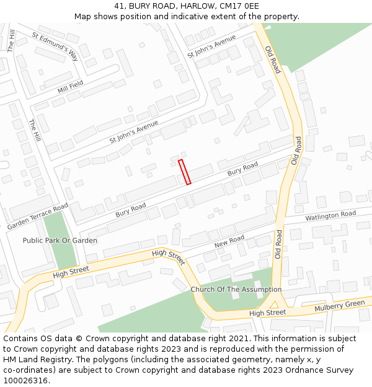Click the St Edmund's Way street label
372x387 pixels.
55,46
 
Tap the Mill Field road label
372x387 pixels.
70,87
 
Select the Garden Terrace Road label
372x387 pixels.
37,217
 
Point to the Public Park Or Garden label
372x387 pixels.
60,240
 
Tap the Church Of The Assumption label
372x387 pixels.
236,289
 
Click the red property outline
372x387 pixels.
184,172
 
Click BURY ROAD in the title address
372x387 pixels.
153,6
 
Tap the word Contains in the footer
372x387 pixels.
20,339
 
